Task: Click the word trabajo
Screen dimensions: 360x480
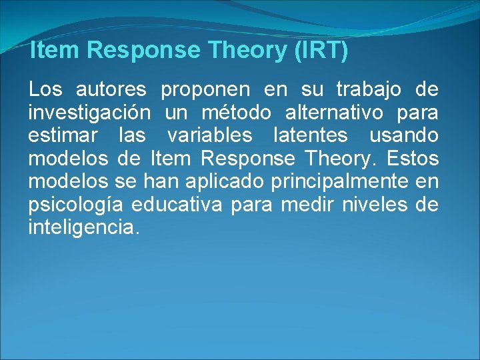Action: (x=369, y=89)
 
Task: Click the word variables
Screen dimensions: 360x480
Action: (x=210, y=136)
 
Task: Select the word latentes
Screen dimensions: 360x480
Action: (x=311, y=136)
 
